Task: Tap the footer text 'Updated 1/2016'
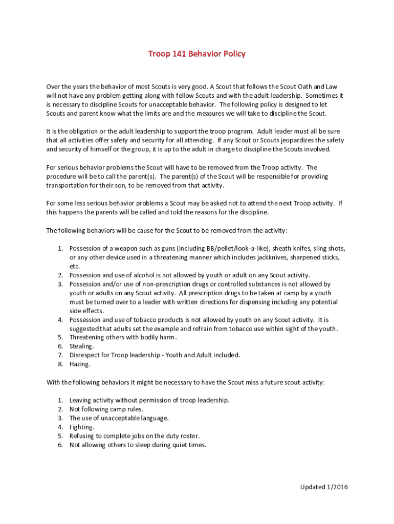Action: [x=323, y=487]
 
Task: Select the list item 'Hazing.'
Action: [x=80, y=364]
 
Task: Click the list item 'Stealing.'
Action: [x=82, y=346]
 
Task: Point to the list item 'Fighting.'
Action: [x=82, y=427]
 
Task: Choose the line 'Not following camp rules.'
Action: [x=106, y=409]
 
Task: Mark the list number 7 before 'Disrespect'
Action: [x=60, y=355]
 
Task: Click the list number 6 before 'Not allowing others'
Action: [x=60, y=445]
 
